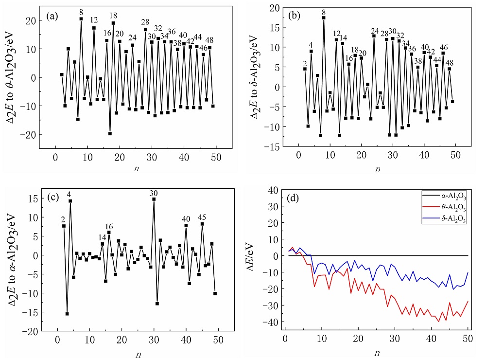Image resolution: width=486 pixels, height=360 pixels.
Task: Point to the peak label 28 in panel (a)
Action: [145, 22]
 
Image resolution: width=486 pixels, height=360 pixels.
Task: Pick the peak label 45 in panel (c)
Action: [203, 217]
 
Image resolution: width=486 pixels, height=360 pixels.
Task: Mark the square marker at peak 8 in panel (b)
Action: [324, 18]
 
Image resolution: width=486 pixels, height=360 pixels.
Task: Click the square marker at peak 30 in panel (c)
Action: [154, 199]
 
